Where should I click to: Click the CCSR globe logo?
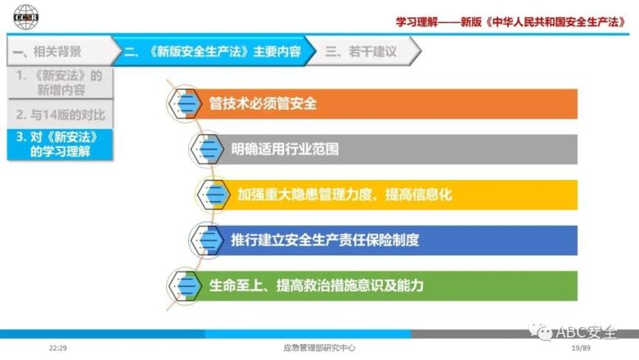[25, 16]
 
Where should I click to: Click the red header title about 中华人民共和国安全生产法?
[511, 21]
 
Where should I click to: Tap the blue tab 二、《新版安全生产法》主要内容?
[213, 52]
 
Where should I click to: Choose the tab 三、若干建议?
[361, 52]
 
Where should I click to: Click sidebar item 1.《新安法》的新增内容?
[60, 83]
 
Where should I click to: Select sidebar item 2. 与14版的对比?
[60, 115]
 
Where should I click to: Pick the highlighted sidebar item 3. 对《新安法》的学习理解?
[60, 144]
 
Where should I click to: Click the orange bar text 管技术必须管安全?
[263, 104]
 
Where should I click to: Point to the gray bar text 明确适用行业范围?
[285, 149]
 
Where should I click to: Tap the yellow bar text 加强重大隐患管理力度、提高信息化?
[344, 195]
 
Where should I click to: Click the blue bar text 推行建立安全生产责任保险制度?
[325, 240]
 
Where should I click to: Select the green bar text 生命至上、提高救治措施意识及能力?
[317, 286]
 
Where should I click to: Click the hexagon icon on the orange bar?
[186, 104]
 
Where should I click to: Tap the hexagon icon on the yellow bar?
[214, 195]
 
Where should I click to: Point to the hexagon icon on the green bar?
[186, 286]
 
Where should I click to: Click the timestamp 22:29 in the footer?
[58, 349]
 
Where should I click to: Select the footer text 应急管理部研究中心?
[319, 349]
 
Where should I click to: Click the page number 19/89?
[581, 349]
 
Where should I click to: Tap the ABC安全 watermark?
[573, 332]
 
